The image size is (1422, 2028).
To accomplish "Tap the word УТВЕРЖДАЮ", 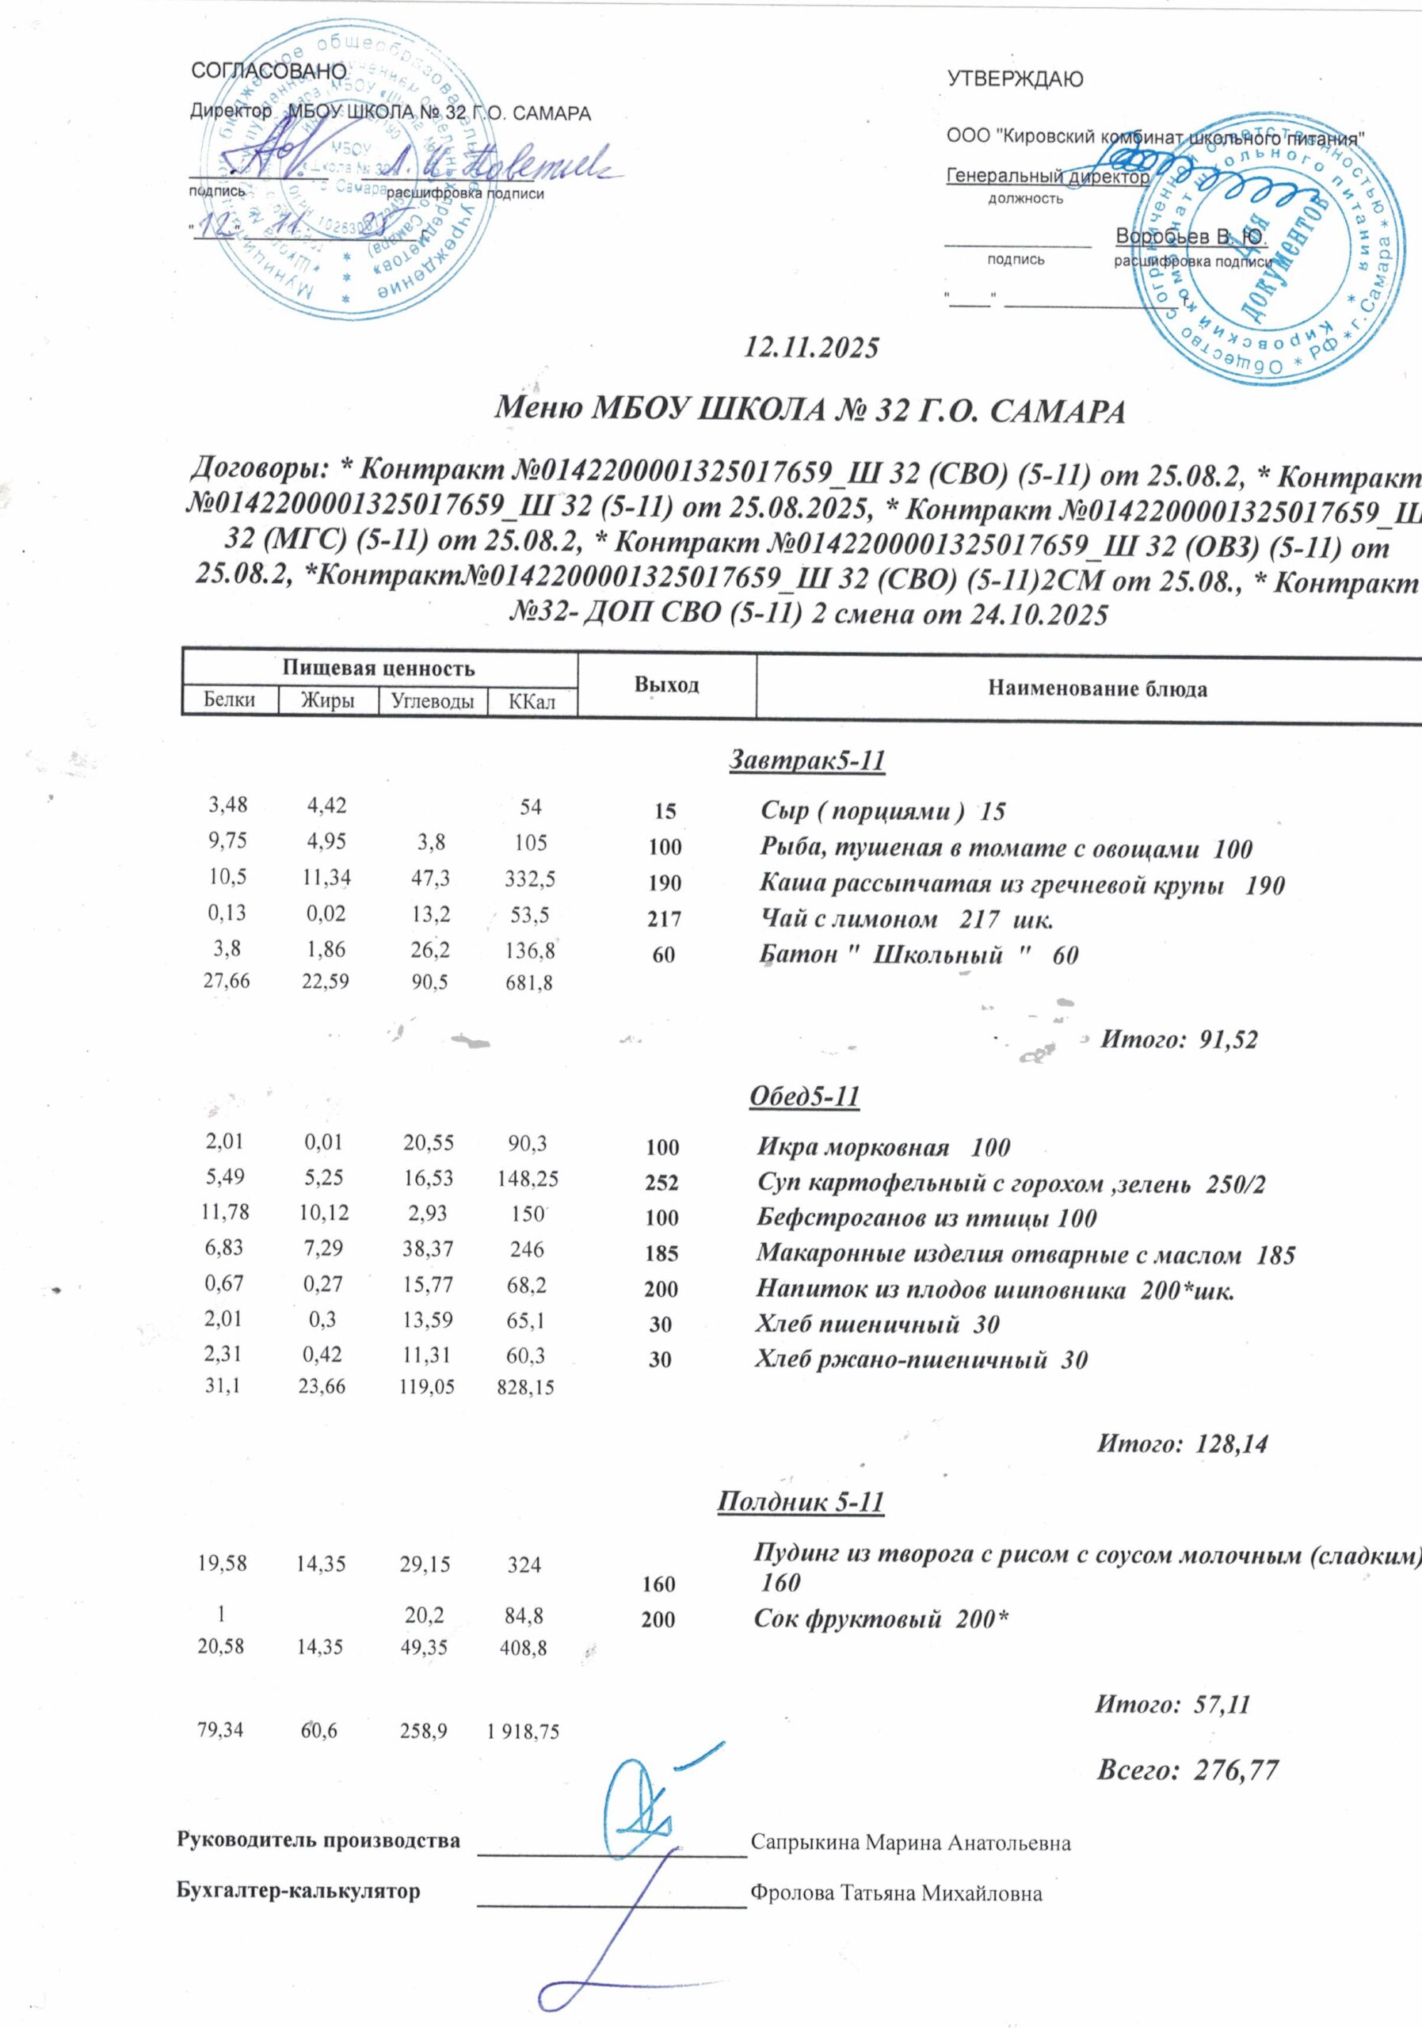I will [1015, 79].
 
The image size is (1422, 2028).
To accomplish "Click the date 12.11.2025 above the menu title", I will [812, 347].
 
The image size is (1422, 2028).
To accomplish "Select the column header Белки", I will [230, 700].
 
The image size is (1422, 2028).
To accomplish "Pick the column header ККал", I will [532, 702].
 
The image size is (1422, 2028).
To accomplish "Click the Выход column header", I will [667, 685].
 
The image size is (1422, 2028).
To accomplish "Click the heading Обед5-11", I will [804, 1096].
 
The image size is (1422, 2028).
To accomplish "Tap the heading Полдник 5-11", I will [800, 1501].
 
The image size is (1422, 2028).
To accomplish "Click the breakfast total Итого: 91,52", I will [1177, 1039].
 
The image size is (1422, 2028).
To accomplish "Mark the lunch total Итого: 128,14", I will [1182, 1444].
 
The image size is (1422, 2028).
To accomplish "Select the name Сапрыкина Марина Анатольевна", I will [910, 1843].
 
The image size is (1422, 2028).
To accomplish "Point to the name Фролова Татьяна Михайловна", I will [897, 1893].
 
